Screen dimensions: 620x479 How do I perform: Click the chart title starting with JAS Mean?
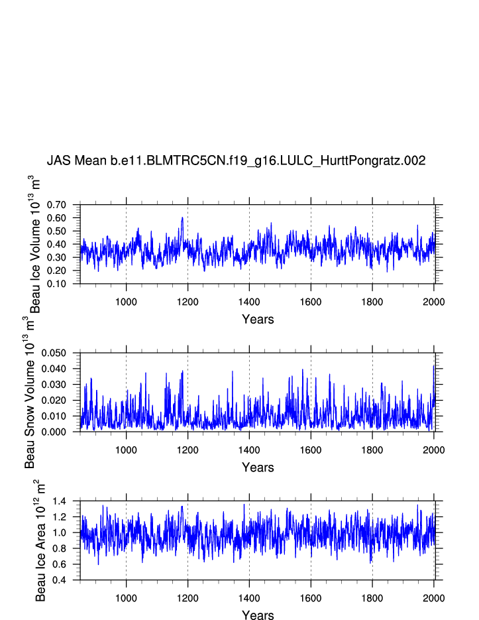point(236,161)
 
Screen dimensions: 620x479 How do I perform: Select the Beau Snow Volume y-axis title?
point(30,393)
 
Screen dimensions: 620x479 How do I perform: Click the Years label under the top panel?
point(258,320)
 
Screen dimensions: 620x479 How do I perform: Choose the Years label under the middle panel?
point(258,467)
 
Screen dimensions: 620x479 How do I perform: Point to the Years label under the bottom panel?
point(258,615)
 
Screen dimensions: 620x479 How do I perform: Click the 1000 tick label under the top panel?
point(126,302)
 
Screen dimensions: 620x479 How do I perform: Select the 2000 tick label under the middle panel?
point(433,450)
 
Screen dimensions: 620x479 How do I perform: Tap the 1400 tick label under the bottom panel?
point(249,597)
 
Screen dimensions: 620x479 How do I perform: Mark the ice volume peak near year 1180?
point(182,217)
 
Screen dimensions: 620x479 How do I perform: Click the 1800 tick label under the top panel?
point(372,302)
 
